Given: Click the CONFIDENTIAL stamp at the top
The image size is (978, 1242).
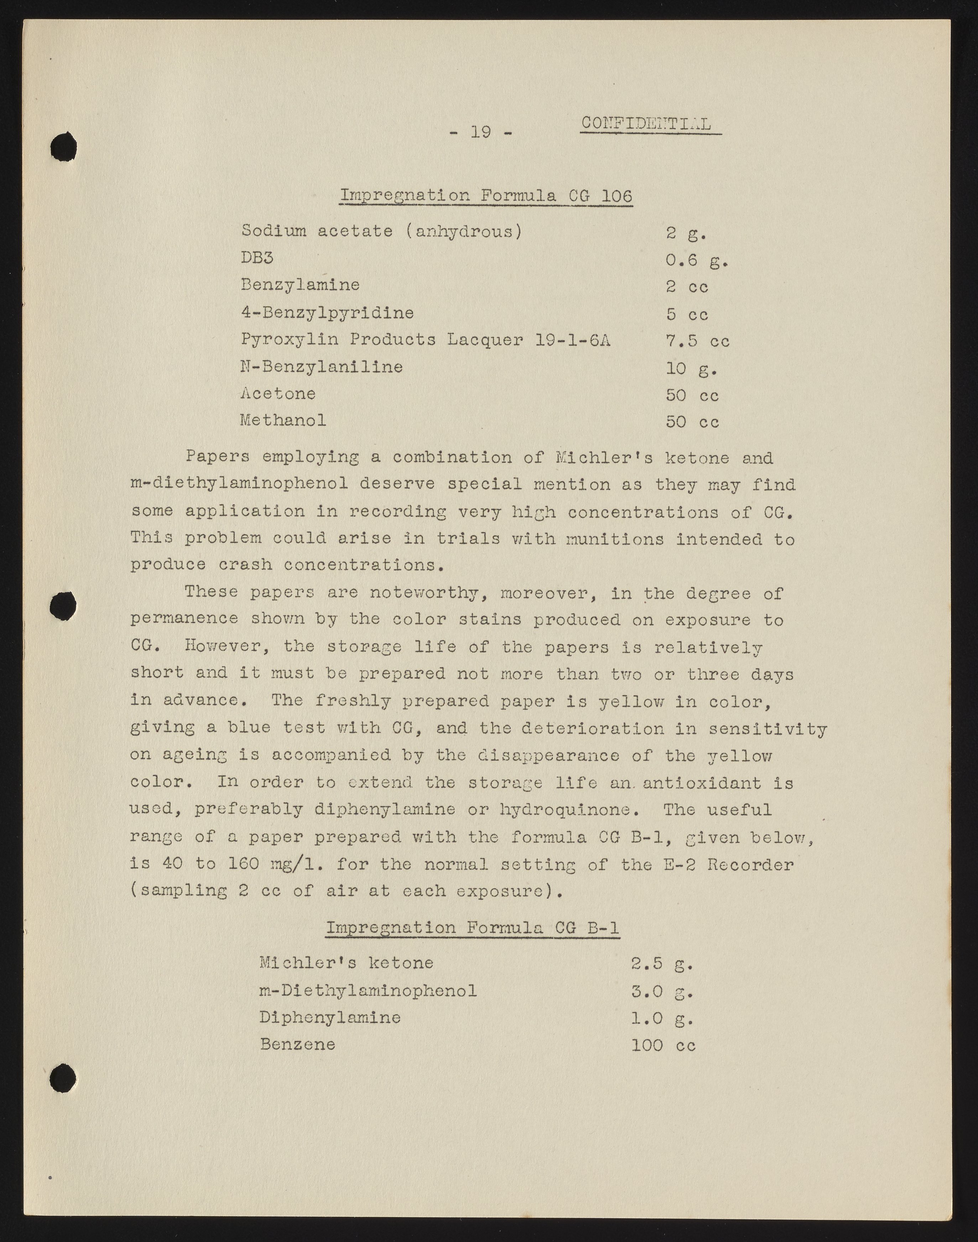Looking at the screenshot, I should click(646, 124).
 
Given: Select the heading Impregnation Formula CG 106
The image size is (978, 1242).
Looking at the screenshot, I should click(486, 196).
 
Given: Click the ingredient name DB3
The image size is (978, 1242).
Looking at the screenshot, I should click(257, 258).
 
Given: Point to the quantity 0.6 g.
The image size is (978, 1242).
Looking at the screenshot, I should click(696, 261).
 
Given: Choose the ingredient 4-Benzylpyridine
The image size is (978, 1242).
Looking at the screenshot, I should click(327, 313).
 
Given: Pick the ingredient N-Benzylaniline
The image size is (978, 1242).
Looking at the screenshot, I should click(321, 367).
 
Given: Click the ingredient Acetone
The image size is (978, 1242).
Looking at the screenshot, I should click(278, 393).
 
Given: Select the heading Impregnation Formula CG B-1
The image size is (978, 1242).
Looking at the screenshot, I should click(472, 927).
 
